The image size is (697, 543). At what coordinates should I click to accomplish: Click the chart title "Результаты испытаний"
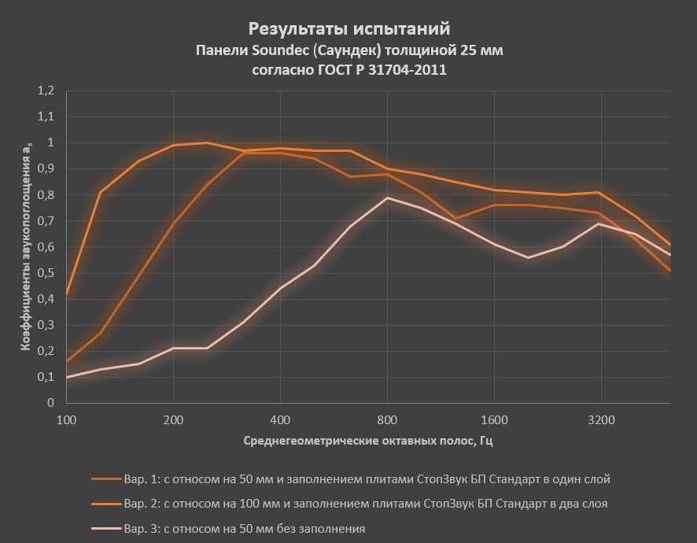[x=349, y=29]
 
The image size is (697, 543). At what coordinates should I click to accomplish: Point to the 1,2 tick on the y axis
[x=46, y=90]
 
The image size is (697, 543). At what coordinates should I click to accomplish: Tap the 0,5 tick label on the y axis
[x=46, y=272]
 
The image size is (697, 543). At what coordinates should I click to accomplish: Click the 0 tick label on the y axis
[x=51, y=403]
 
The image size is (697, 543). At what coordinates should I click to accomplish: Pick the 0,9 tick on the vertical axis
[x=46, y=168]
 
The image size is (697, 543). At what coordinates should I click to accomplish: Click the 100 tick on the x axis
[x=67, y=419]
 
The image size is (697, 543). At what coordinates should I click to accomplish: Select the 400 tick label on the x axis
[x=280, y=419]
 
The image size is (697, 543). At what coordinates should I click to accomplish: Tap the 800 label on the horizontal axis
[x=387, y=419]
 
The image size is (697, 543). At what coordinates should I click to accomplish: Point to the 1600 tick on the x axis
[x=494, y=419]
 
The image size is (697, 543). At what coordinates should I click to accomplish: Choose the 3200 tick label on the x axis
[x=601, y=419]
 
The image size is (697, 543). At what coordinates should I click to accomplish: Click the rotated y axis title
[x=26, y=247]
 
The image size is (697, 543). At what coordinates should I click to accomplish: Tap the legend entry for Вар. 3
[x=244, y=528]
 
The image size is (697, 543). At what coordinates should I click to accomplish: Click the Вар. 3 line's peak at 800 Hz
[x=387, y=198]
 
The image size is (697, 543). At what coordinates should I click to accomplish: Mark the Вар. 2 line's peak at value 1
[x=207, y=142]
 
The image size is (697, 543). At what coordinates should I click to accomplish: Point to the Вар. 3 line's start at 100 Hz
[x=67, y=377]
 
